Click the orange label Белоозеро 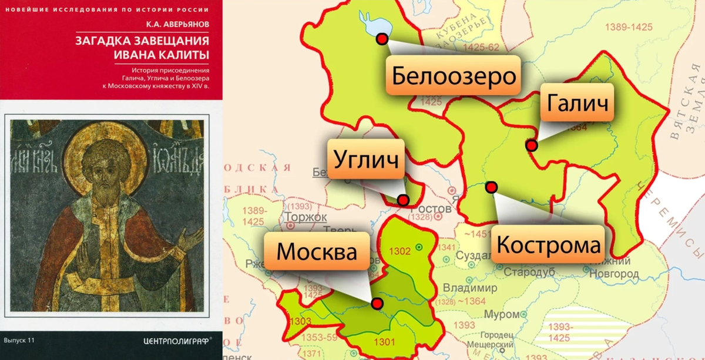pos(454,75)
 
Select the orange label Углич pos(365,159)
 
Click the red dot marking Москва pos(377,303)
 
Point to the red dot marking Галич pos(531,145)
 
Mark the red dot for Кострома pos(491,187)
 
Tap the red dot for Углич pos(403,200)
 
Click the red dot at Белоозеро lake pos(382,39)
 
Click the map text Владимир pos(469,288)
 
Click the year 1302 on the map pos(400,251)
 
